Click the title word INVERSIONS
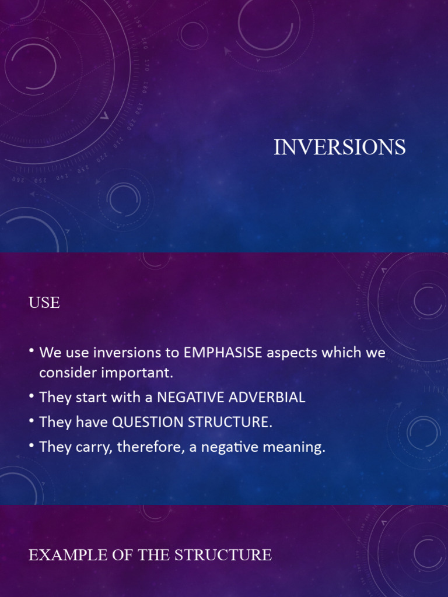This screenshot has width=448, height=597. (x=339, y=148)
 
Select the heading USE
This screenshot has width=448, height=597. (x=44, y=303)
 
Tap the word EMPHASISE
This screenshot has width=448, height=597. (x=219, y=353)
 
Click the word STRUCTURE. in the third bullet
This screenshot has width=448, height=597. (x=230, y=423)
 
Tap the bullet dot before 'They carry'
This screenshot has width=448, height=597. (x=32, y=447)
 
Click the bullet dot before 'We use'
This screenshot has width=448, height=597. (x=32, y=353)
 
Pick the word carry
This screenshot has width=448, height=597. (x=85, y=447)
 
